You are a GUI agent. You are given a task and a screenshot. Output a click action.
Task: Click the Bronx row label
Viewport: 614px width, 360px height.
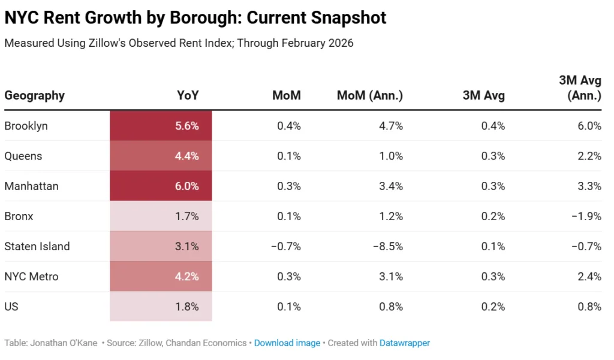(x=19, y=217)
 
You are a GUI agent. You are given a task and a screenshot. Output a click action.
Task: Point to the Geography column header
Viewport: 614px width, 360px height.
(x=34, y=95)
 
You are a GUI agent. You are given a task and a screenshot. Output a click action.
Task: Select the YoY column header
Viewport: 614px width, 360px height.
(x=188, y=95)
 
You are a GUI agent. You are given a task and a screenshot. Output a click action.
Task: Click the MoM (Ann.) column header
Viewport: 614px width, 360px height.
(x=369, y=95)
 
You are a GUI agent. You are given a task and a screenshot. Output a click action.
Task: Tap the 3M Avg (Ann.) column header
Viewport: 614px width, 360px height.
(x=580, y=87)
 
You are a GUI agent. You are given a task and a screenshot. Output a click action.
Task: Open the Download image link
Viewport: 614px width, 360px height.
(x=287, y=343)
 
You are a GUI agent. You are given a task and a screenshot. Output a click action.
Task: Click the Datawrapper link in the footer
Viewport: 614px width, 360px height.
(x=405, y=343)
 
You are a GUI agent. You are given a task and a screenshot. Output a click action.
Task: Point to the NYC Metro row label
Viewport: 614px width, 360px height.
(x=31, y=277)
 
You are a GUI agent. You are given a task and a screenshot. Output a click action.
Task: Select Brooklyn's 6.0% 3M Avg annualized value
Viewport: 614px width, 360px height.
(x=589, y=126)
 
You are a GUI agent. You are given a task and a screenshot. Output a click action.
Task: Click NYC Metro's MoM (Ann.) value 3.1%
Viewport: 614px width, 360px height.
(x=391, y=277)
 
